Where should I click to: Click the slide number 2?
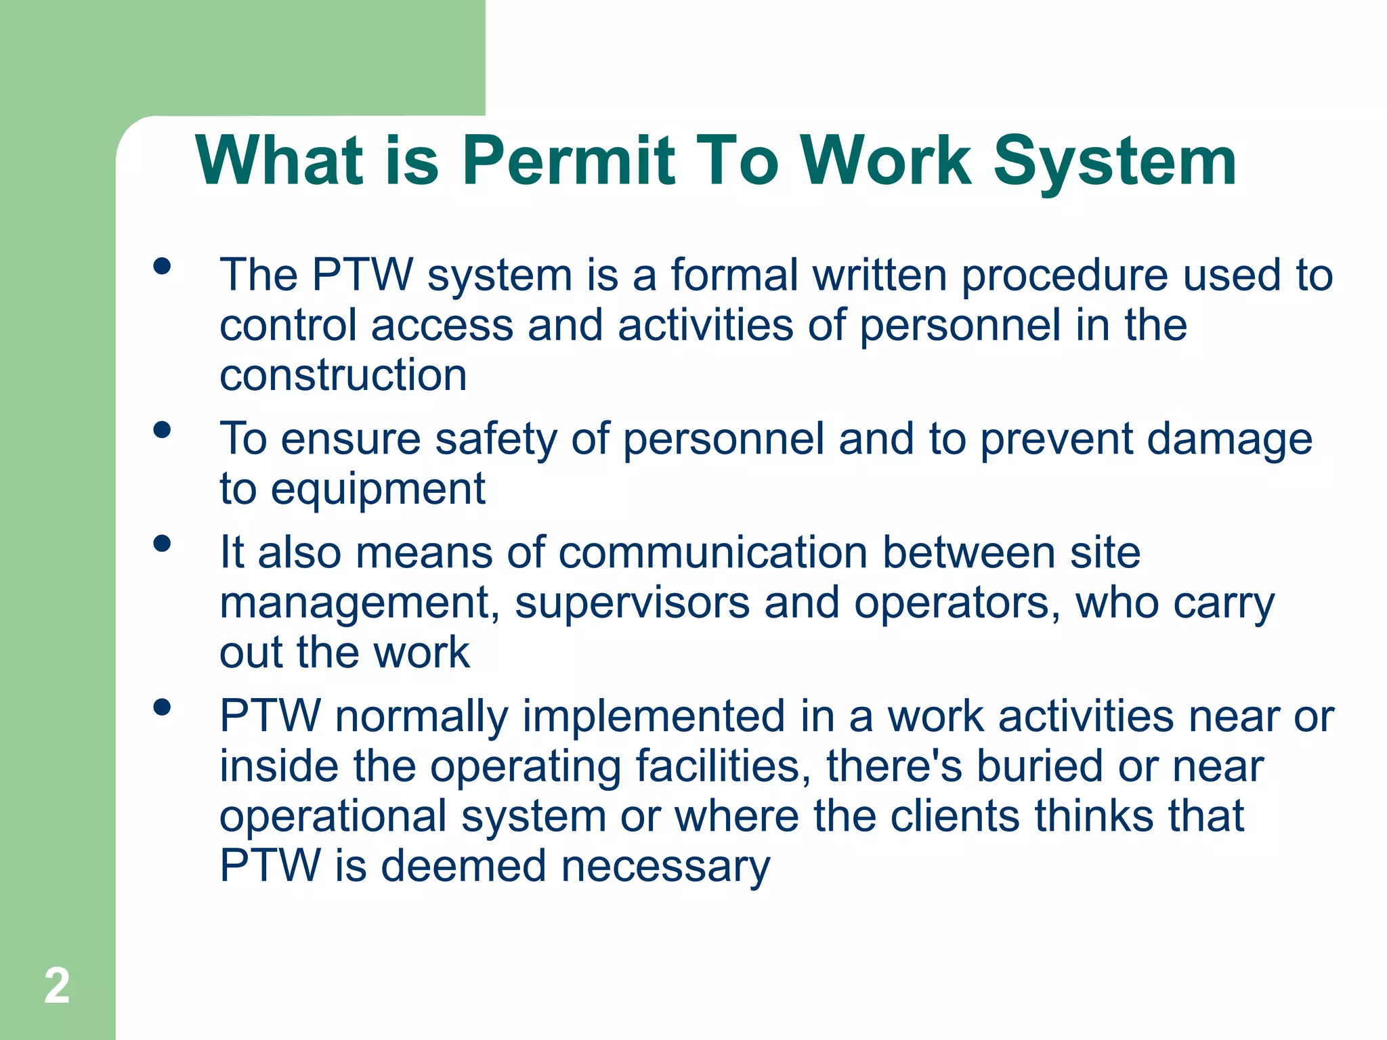coord(57,986)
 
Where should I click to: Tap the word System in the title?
coord(1115,162)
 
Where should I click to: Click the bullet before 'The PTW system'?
coord(162,266)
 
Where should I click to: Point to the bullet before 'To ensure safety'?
coord(162,430)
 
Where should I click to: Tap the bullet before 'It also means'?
coord(162,544)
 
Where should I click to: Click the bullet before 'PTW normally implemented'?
coord(162,708)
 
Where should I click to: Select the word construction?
coord(343,375)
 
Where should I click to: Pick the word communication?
coord(713,552)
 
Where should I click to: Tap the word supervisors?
coord(632,603)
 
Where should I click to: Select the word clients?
coord(954,816)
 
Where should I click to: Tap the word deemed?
coord(463,866)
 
